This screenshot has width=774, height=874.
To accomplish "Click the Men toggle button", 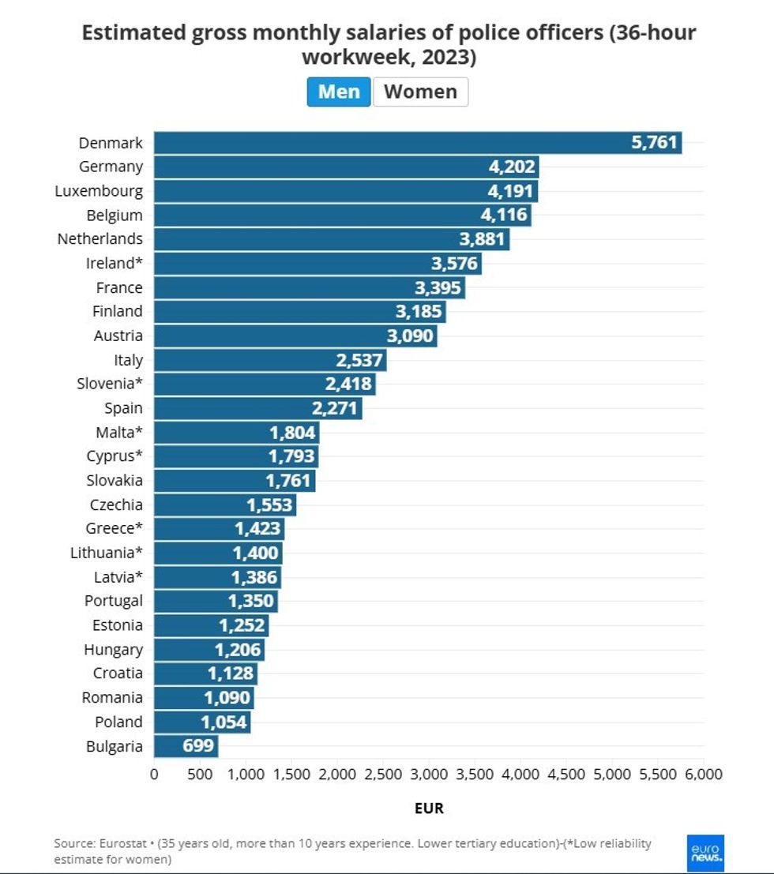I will (x=339, y=92).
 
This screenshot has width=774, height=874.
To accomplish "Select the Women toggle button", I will (x=420, y=92).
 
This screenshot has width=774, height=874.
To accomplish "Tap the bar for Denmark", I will (x=395, y=143).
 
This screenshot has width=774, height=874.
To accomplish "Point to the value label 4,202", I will (x=513, y=167).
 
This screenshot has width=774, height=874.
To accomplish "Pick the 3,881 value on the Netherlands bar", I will (x=483, y=239).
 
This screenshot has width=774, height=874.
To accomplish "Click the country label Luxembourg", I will (x=99, y=191).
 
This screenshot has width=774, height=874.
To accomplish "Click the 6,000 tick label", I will (x=703, y=775).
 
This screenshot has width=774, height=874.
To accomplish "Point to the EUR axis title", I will (x=429, y=808).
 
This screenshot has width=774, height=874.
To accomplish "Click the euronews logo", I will (x=705, y=853).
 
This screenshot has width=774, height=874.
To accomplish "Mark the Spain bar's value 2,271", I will (x=336, y=409).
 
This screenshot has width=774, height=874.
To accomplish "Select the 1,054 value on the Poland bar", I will (x=224, y=722).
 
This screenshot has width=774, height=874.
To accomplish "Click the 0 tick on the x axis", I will (x=154, y=775).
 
